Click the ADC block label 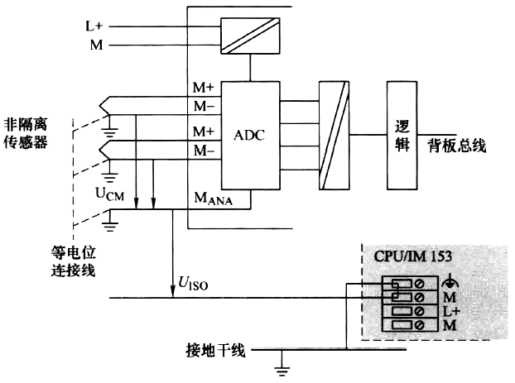[248, 135]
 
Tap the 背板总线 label [456, 146]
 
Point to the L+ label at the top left [94, 26]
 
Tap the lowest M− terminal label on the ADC [204, 151]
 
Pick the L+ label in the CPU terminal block [452, 311]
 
